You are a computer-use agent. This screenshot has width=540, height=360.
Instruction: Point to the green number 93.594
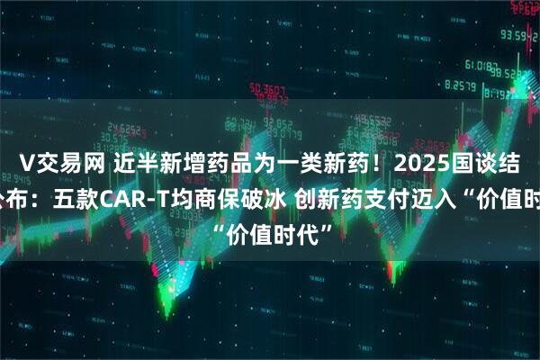tap(517, 36)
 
